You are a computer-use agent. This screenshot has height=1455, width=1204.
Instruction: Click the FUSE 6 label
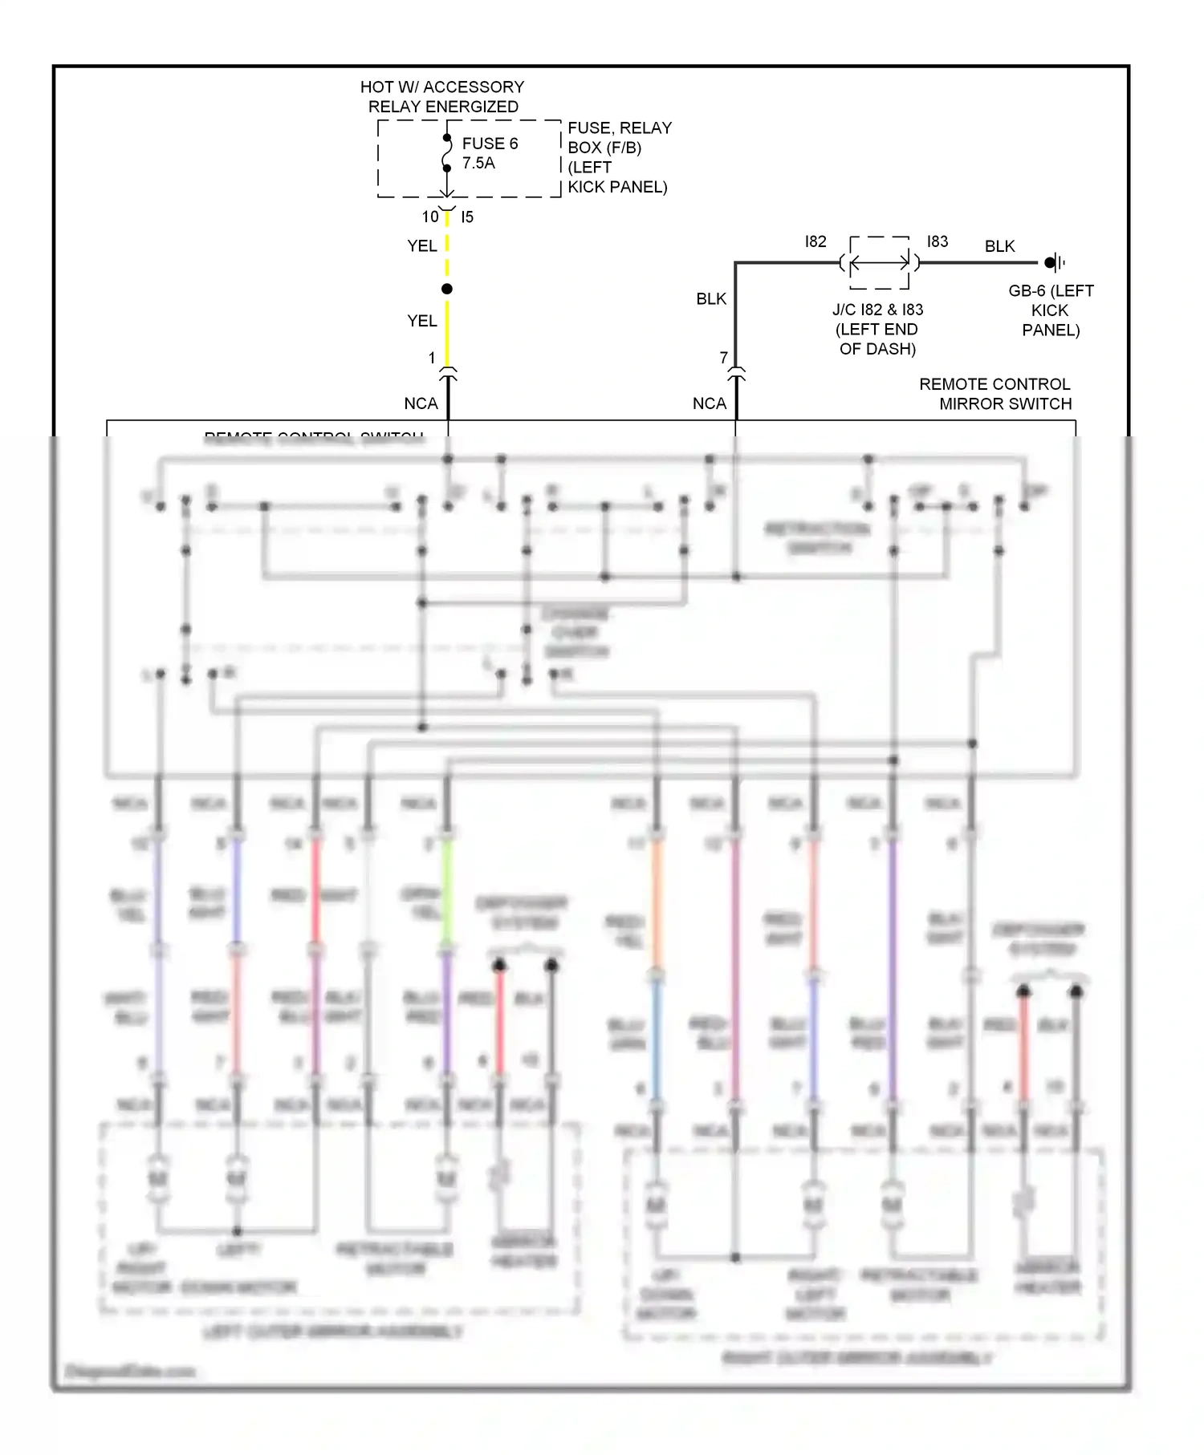(490, 144)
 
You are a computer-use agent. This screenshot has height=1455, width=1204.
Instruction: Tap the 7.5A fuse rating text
(478, 163)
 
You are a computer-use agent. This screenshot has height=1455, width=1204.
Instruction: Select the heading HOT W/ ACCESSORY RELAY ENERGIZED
(442, 96)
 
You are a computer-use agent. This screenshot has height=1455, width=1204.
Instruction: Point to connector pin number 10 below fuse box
(430, 217)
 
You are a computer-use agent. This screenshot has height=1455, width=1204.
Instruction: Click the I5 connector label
(467, 217)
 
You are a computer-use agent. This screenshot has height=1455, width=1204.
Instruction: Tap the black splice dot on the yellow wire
(447, 289)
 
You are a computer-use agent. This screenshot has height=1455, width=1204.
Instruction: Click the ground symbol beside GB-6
(1056, 262)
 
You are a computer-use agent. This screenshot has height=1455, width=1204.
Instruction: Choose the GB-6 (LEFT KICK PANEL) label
(1051, 310)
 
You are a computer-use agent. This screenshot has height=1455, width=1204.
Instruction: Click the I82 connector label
(816, 241)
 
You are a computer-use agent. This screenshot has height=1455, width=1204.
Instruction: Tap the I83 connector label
(938, 241)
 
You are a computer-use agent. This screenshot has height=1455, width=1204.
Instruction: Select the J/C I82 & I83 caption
(877, 329)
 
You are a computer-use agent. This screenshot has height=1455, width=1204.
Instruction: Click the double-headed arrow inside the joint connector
(880, 262)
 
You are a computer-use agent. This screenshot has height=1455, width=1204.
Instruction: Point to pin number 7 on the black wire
(724, 357)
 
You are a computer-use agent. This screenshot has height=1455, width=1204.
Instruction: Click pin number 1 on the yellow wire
(432, 358)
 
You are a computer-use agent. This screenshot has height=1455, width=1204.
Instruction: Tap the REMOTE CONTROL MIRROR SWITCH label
(995, 394)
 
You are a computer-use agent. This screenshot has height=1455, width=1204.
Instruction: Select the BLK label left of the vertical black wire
(711, 298)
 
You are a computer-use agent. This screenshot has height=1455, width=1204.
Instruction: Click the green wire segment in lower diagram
(447, 890)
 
